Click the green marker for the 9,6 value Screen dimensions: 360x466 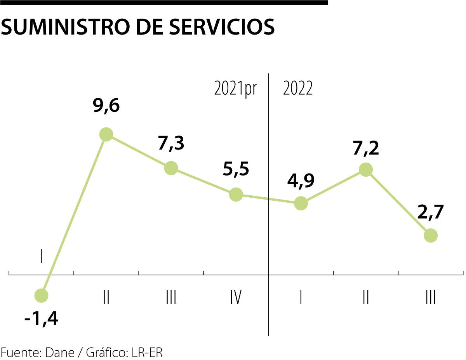coord(106,134)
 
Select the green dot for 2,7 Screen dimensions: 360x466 coord(430,235)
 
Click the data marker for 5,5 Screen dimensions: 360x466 coord(236,194)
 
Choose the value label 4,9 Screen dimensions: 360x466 coord(301,181)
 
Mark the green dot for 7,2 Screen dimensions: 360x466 coord(365,170)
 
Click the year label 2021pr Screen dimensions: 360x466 coord(235,89)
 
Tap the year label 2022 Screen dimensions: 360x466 coord(298,89)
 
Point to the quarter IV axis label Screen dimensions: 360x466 coord(236,298)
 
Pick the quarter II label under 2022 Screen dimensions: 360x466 coord(365,298)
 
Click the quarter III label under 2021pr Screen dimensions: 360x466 coord(171,298)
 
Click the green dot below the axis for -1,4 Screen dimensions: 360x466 coord(41,296)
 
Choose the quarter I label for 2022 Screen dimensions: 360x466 coord(301,298)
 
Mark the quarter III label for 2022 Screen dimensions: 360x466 coord(430,298)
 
